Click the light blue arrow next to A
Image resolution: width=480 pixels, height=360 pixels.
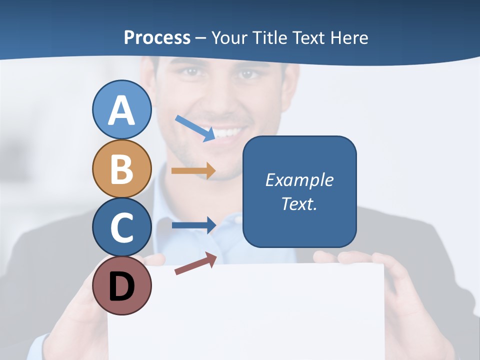click(x=195, y=127)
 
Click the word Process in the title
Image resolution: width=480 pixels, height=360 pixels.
click(x=157, y=37)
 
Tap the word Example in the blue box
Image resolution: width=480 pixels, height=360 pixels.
click(x=299, y=180)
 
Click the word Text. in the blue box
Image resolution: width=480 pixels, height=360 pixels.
click(x=299, y=203)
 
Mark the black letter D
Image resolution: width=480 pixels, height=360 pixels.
click(x=121, y=287)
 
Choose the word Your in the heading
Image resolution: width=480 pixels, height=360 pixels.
click(x=230, y=37)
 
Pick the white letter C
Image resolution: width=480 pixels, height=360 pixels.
click(x=121, y=228)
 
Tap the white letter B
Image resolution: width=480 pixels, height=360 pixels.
click(x=121, y=169)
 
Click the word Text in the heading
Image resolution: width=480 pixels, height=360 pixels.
click(x=307, y=37)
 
